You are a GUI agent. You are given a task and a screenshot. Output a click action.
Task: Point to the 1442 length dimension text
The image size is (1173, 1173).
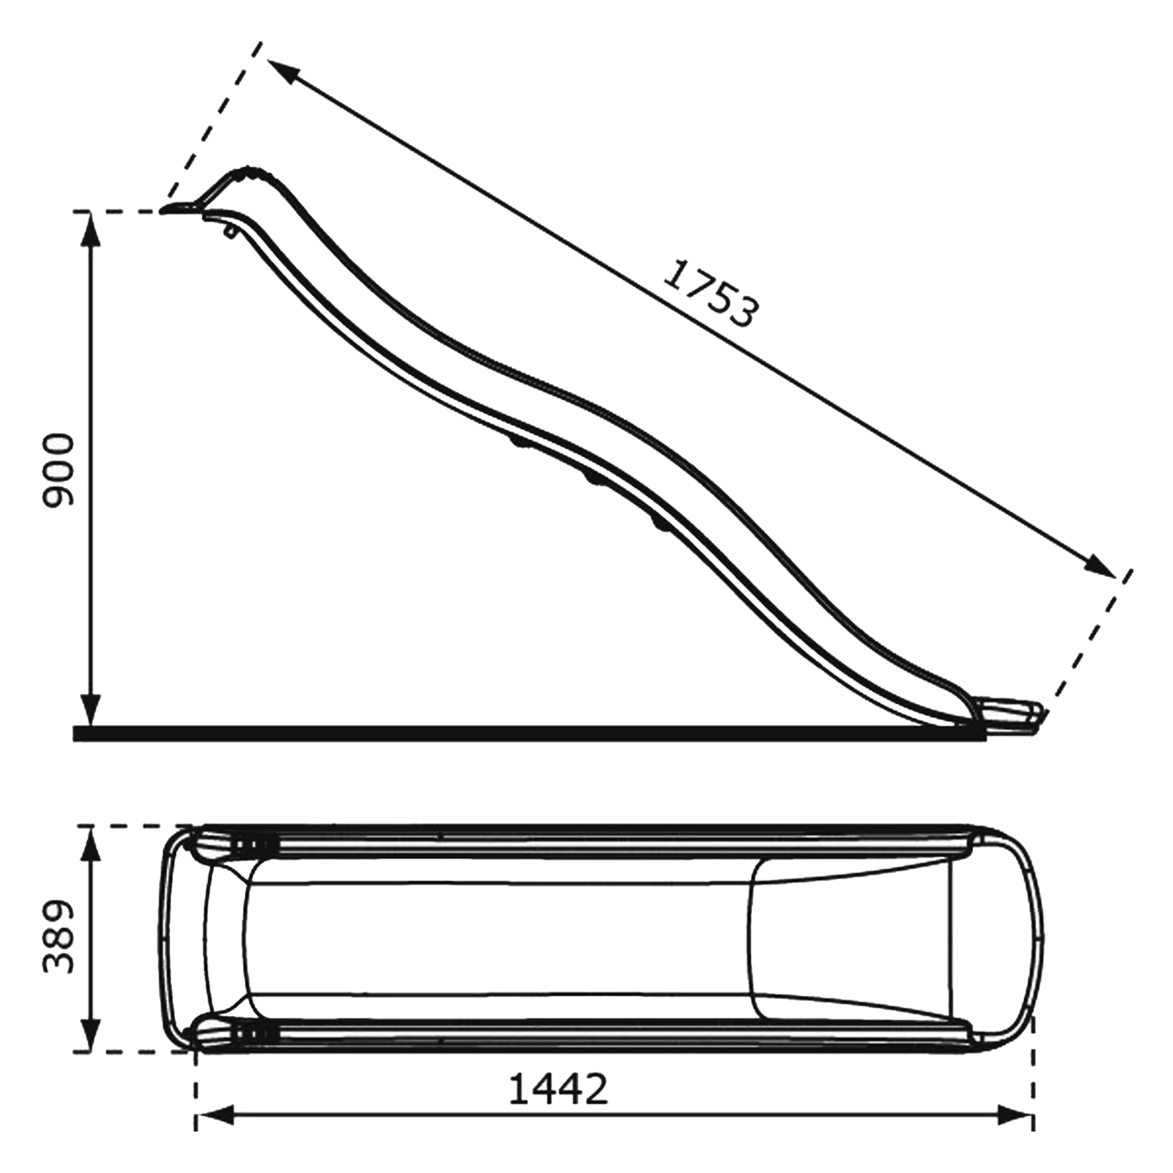[557, 1089]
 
